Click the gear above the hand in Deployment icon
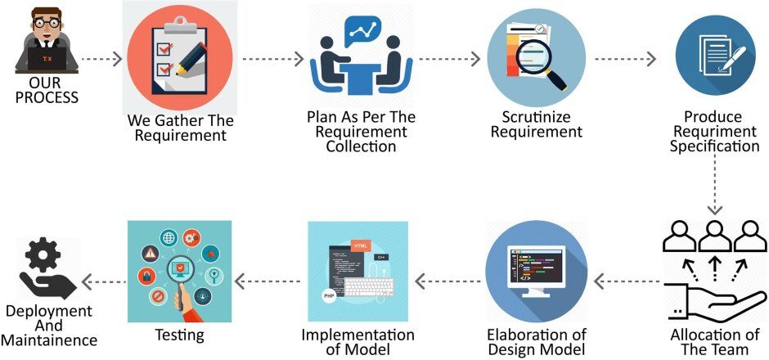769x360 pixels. click(43, 259)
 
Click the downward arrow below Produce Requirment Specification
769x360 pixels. click(716, 184)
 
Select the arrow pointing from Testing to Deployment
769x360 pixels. click(103, 283)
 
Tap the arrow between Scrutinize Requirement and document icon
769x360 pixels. click(624, 59)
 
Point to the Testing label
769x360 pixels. click(179, 335)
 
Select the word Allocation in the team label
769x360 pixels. click(701, 335)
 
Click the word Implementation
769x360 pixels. click(358, 335)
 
